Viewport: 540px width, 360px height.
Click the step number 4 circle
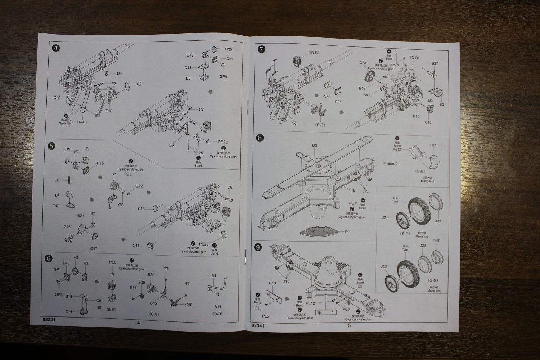[55, 48]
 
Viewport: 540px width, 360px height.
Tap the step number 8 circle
[261, 138]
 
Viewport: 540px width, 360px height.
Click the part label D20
[229, 49]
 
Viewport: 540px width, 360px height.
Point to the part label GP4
[223, 77]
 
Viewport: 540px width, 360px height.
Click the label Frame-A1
[391, 163]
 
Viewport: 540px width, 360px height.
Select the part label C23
[363, 63]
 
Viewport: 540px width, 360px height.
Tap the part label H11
[433, 145]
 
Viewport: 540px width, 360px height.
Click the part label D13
[272, 283]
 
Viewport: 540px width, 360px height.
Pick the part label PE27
[397, 149]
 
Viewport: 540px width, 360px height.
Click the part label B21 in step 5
[81, 216]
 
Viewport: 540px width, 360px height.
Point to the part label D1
[347, 232]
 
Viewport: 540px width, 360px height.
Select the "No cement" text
[66, 123]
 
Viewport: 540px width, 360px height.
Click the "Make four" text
[427, 181]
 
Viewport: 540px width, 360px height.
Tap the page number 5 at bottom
[349, 325]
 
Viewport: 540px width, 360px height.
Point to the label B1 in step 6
[213, 275]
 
